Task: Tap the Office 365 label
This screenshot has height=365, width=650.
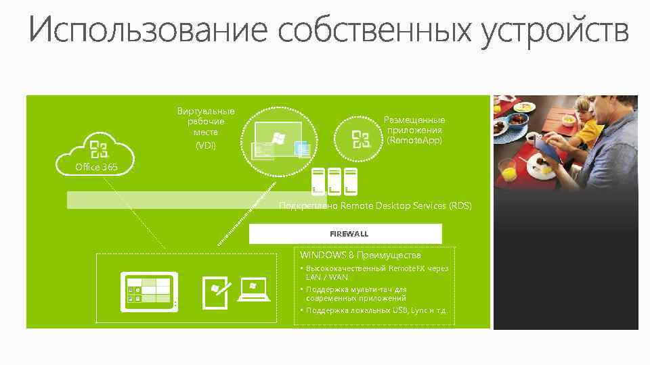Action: click(x=96, y=166)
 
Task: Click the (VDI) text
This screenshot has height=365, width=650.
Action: click(x=205, y=145)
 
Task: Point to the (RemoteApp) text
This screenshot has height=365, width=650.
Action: click(x=414, y=141)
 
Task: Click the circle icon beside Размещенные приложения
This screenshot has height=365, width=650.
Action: click(x=362, y=139)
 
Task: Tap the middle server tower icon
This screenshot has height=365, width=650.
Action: click(x=334, y=180)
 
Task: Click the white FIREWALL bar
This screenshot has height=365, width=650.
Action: click(x=345, y=233)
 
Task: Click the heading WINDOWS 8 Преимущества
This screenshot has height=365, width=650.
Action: click(x=360, y=255)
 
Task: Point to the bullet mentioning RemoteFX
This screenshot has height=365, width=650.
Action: click(x=376, y=272)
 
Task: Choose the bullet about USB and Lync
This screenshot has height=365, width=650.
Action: click(x=376, y=311)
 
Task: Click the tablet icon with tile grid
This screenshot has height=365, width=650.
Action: click(x=148, y=292)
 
